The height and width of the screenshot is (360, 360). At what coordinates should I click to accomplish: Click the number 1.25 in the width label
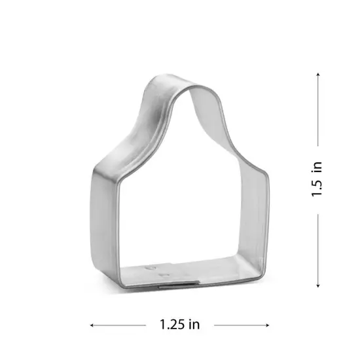[x=171, y=324]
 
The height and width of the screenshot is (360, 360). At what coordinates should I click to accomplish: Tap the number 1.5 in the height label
[x=318, y=187]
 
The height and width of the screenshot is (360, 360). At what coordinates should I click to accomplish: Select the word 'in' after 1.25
[x=194, y=324]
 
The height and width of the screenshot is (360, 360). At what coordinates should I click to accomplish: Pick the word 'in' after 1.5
[x=318, y=166]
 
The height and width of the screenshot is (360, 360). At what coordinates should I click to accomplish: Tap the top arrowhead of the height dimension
[x=318, y=74]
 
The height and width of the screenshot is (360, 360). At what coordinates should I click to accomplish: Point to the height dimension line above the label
[x=318, y=111]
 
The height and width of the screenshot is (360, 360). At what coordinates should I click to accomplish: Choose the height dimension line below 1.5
[x=318, y=249]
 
